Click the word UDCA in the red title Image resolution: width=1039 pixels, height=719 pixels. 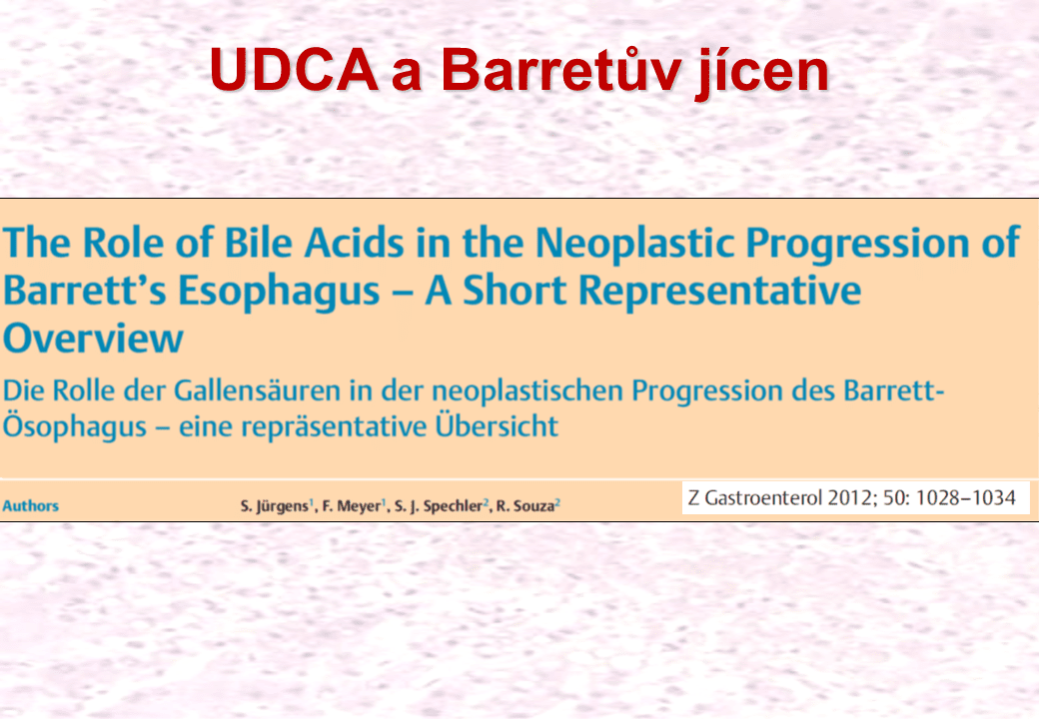294,70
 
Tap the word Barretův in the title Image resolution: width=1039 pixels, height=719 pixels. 561,68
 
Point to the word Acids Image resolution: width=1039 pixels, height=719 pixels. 354,242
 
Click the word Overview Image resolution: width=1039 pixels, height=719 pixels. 93,338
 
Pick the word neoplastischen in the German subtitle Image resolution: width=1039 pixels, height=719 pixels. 527,391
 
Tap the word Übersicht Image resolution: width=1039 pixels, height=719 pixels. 497,425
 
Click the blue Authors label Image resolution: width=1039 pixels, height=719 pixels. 31,506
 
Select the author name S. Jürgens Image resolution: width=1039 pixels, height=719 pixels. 275,506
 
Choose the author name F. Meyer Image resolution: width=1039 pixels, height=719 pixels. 352,506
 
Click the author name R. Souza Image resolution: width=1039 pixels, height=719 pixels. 525,506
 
